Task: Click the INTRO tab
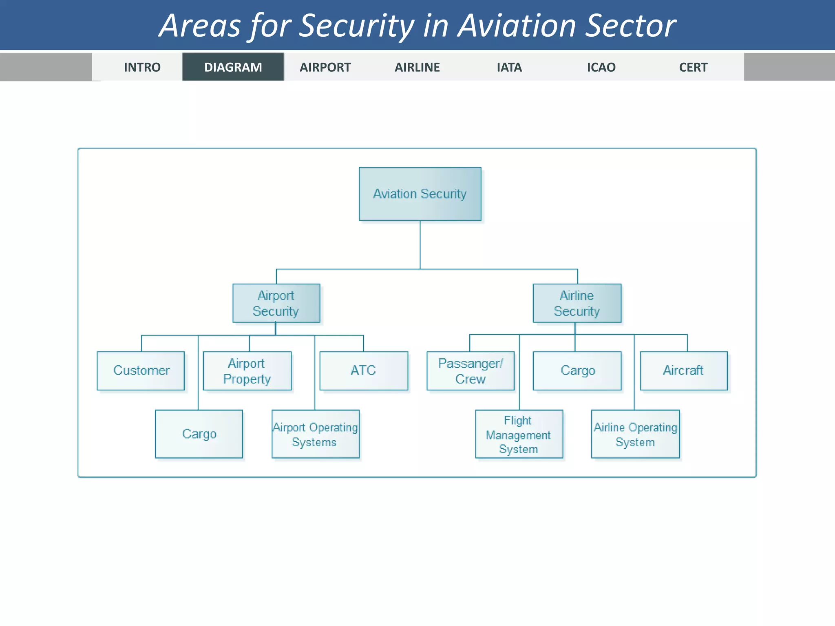click(x=142, y=67)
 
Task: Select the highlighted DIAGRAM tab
click(x=233, y=67)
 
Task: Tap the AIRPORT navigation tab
click(x=325, y=67)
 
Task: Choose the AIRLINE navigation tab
click(x=417, y=67)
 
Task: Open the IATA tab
click(x=509, y=67)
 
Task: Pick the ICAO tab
click(x=601, y=67)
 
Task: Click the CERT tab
click(x=693, y=67)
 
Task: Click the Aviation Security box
click(x=420, y=194)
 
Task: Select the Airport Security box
click(x=276, y=303)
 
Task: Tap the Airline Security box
click(x=577, y=303)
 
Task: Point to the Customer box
click(x=141, y=370)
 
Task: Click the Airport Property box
click(x=247, y=371)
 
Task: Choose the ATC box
click(x=363, y=370)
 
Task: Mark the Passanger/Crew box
click(x=471, y=371)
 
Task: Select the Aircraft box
click(x=683, y=370)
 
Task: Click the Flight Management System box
click(x=519, y=434)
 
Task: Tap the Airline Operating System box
click(x=635, y=434)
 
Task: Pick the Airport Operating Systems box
click(x=315, y=434)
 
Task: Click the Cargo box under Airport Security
click(x=199, y=434)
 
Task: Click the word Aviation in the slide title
click(x=518, y=26)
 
